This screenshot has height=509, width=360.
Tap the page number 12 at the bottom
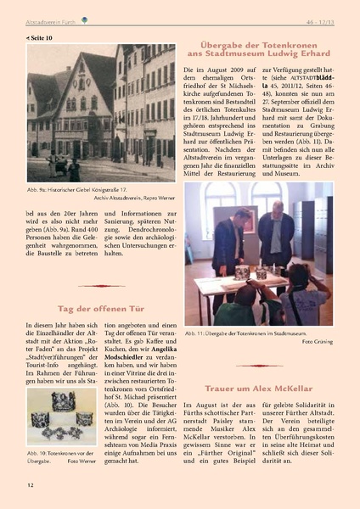(31, 485)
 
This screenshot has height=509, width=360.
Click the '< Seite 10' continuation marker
(39, 38)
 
